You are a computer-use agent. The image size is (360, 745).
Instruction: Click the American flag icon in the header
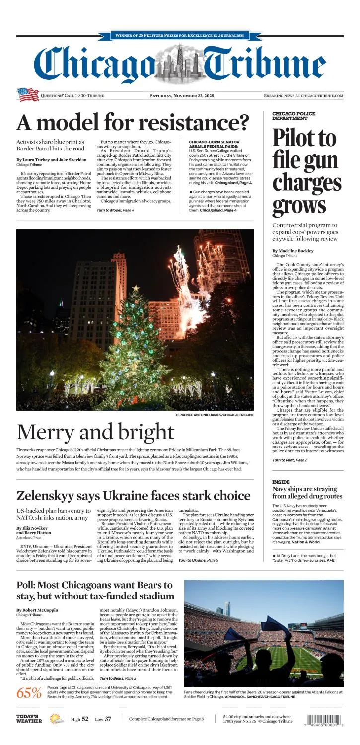click(28, 94)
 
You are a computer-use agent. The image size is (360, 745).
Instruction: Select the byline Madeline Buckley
click(292, 251)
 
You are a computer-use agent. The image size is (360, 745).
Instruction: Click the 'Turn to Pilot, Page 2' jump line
click(289, 460)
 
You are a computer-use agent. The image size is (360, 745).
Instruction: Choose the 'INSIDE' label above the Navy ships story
click(281, 482)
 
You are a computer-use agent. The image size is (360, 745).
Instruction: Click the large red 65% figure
click(29, 693)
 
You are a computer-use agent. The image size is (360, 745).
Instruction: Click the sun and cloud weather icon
click(56, 718)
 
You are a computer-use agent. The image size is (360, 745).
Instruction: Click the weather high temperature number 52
click(85, 719)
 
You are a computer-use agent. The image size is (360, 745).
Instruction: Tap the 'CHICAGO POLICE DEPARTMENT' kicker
click(293, 116)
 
